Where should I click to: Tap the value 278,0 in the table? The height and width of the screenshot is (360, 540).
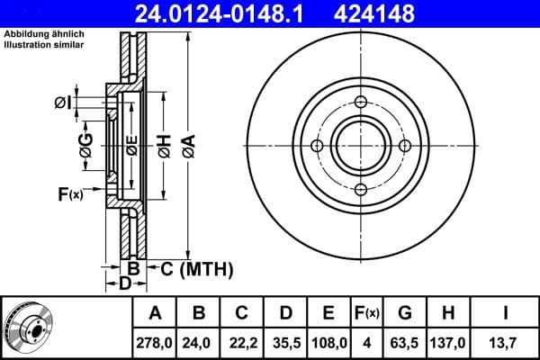pyautogui.click(x=155, y=342)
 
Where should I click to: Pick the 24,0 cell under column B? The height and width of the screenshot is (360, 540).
pyautogui.click(x=199, y=342)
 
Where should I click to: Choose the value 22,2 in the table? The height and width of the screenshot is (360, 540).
pyautogui.click(x=242, y=342)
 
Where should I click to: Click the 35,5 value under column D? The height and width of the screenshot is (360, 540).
pyautogui.click(x=285, y=342)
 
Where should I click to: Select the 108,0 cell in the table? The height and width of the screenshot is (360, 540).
pyautogui.click(x=328, y=342)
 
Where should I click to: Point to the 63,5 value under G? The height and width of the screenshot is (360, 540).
pyautogui.click(x=405, y=342)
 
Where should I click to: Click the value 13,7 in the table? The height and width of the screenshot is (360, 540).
pyautogui.click(x=506, y=342)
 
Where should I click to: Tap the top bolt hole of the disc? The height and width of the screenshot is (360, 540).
pyautogui.click(x=360, y=102)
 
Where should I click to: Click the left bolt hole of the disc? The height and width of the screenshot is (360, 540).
pyautogui.click(x=317, y=146)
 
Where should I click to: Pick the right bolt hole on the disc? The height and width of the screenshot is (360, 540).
pyautogui.click(x=404, y=146)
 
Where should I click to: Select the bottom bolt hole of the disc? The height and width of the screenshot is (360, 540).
pyautogui.click(x=360, y=189)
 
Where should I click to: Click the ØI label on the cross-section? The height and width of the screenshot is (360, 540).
pyautogui.click(x=62, y=102)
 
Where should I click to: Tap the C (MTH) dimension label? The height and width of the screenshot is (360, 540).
pyautogui.click(x=195, y=268)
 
